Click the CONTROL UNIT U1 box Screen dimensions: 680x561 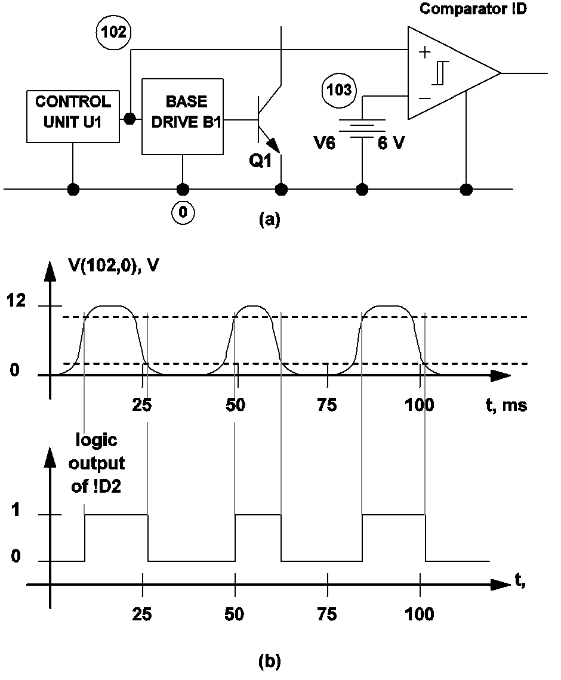tap(73, 116)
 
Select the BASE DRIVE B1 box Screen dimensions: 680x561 tap(183, 116)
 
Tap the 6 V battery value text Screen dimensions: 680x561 tap(391, 143)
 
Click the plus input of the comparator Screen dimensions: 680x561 tap(424, 52)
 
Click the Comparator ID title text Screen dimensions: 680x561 tap(473, 10)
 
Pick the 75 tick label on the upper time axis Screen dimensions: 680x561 tap(328, 406)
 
